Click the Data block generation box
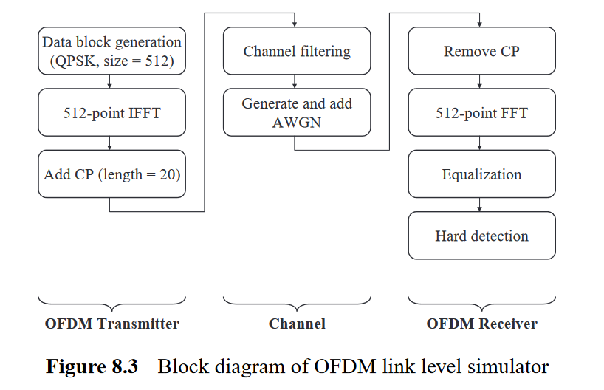[111, 51]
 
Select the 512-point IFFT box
[111, 113]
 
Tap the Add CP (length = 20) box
[111, 174]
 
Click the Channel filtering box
[297, 51]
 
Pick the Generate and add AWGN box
[297, 112]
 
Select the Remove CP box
[481, 51]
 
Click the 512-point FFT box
[481, 113]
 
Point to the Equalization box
[481, 174]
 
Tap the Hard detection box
[481, 236]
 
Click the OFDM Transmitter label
[111, 324]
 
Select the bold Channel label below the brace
[297, 324]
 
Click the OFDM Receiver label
[481, 324]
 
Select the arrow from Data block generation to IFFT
[111, 82]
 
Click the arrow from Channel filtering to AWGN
[297, 82]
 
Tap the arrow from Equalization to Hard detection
[481, 205]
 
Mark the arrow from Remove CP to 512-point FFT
[481, 82]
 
